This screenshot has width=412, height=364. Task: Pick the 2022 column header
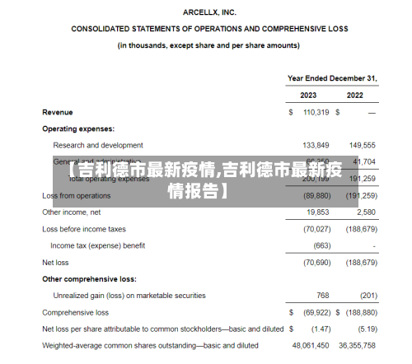355,95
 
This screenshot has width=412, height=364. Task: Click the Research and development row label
98,145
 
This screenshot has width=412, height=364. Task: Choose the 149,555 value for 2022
362,145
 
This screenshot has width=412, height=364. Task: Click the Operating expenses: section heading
78,128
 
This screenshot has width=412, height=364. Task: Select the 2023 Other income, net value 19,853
317,212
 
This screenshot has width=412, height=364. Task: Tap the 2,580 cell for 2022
366,212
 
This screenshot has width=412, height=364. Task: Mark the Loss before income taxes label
84,229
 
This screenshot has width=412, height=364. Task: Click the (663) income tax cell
321,245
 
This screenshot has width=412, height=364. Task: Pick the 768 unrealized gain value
322,296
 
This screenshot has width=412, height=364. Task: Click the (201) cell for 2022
368,296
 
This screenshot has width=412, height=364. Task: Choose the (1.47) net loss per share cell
320,329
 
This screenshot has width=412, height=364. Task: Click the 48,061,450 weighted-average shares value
311,346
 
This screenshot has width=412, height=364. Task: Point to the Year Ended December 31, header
332,78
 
